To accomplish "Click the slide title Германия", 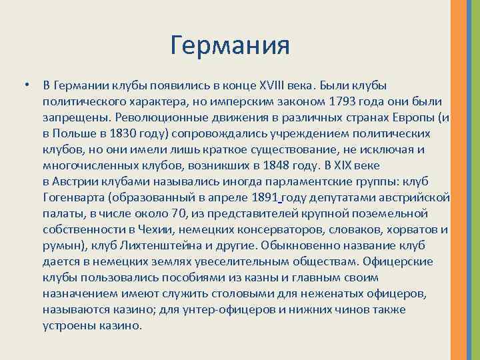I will coord(230,46).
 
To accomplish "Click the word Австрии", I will coord(75,181).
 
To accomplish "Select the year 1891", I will coord(266,197).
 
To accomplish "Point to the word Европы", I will coord(407,117).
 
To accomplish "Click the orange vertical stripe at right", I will coord(460,180).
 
